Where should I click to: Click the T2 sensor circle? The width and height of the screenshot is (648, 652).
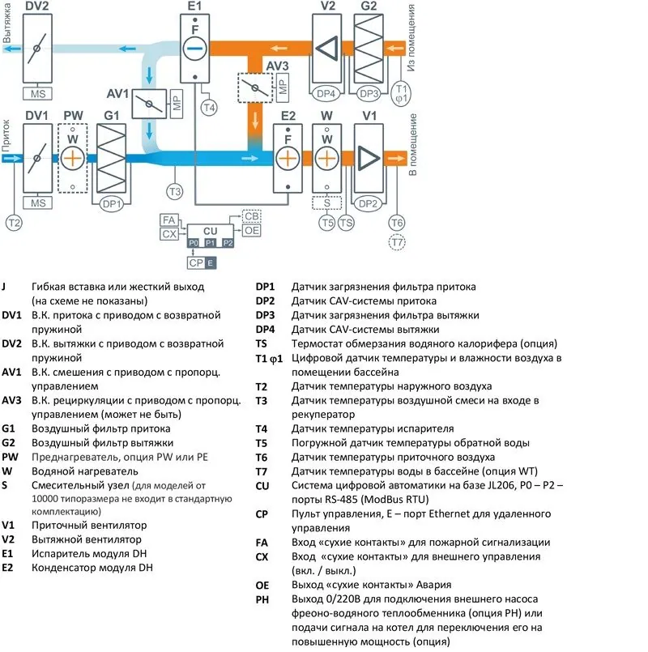pos(14,222)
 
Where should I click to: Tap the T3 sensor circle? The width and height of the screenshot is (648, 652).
pos(174,192)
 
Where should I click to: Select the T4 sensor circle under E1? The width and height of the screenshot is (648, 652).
pos(209,108)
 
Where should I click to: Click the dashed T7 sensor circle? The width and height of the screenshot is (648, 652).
pos(396,241)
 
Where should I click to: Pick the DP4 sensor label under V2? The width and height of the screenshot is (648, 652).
pos(326,92)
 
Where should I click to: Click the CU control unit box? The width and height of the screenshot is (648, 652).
pos(210,230)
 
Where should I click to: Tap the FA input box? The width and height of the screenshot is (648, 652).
pos(169,220)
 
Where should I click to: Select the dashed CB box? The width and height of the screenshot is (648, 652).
pos(252,216)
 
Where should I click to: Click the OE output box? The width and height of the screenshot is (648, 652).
pos(252,231)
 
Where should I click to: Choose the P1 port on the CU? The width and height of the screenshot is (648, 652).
pos(210,242)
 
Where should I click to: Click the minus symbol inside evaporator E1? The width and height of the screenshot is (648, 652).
pos(194,50)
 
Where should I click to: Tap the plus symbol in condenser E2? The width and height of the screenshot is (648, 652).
pos(288,159)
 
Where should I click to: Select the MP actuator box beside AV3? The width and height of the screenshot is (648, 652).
pos(283,89)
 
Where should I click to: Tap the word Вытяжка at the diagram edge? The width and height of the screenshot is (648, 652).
pos(7,25)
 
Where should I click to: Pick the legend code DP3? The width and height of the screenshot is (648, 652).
pos(266,316)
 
